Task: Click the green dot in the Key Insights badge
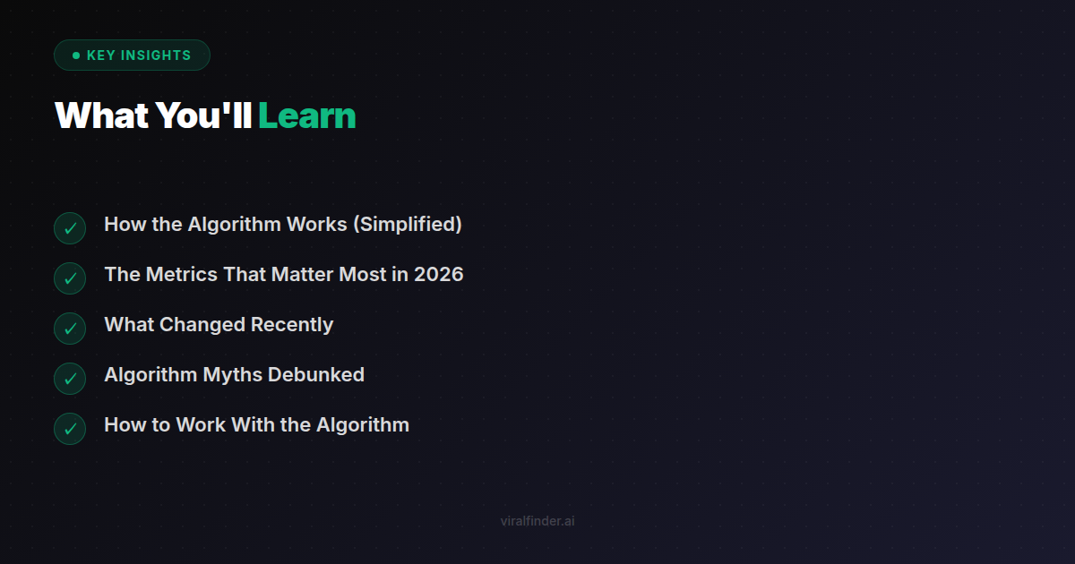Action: [76, 56]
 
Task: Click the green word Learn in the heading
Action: [307, 116]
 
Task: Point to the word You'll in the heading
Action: [203, 116]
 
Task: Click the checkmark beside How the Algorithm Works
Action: [70, 228]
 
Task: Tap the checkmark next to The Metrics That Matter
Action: [70, 278]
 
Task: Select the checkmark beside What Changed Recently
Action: [70, 329]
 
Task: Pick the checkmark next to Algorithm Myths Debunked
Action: [70, 379]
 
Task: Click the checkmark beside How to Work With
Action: [70, 429]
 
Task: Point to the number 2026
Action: [438, 275]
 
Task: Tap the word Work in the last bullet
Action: [201, 425]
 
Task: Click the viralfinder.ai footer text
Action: [537, 521]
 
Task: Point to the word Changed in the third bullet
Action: [202, 325]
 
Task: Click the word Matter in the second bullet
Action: [303, 275]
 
